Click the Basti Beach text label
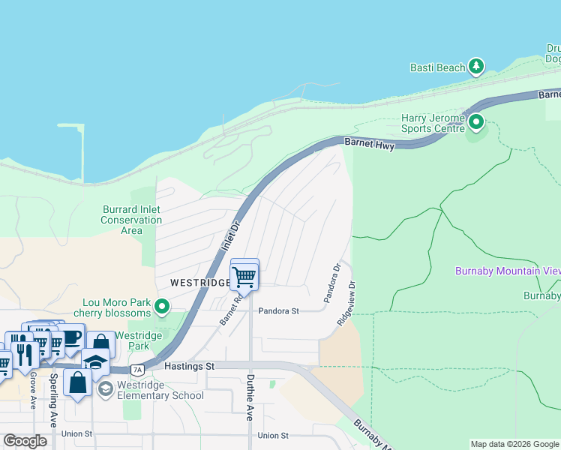click(x=437, y=67)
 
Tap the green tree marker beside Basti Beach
click(x=475, y=67)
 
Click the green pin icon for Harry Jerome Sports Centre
click(x=475, y=121)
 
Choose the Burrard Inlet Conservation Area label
click(x=131, y=220)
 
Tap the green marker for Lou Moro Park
click(x=159, y=306)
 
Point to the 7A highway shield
click(x=136, y=370)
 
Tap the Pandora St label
click(x=278, y=310)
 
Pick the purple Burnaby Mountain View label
click(x=508, y=270)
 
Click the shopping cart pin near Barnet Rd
click(x=244, y=276)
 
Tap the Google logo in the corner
click(x=25, y=440)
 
